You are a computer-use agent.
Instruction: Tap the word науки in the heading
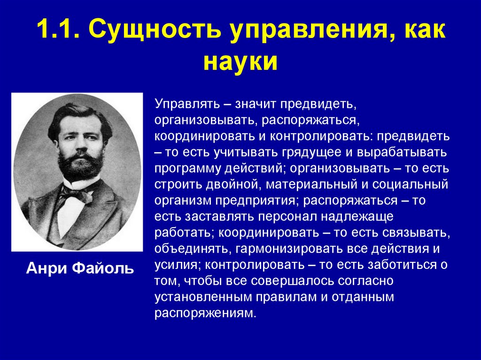tap(240, 61)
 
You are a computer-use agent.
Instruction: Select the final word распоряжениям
tap(206, 313)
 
